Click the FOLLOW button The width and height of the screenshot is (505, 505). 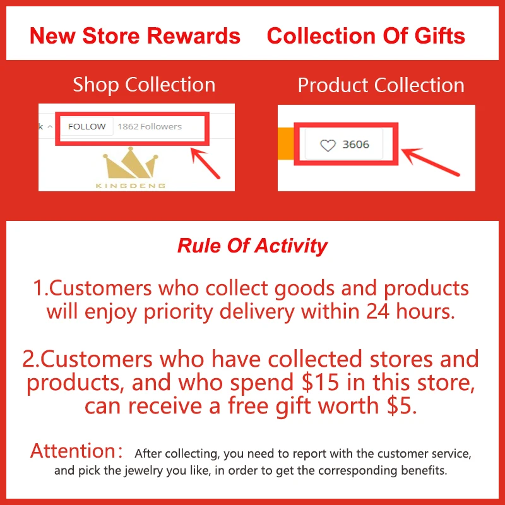click(86, 126)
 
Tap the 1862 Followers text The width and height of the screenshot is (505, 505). click(150, 127)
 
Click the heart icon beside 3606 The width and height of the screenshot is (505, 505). click(328, 145)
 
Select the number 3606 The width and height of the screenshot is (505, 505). click(355, 145)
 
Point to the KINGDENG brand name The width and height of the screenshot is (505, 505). click(131, 186)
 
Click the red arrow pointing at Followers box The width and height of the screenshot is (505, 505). click(205, 163)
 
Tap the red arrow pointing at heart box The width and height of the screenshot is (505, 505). click(431, 162)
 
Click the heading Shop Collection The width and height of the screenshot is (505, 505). click(144, 85)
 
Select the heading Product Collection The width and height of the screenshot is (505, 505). click(381, 85)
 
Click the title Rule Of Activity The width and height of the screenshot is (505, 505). click(252, 246)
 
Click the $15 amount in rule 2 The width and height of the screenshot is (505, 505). click(321, 383)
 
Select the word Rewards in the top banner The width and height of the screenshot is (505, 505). click(194, 35)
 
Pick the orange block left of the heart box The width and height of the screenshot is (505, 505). click(286, 144)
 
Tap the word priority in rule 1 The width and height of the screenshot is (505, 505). click(179, 312)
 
